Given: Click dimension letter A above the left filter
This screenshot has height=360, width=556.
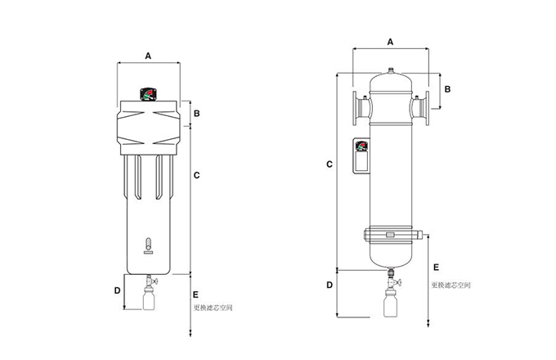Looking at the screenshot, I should click(148, 56).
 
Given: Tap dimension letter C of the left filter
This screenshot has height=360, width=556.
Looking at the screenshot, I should click(197, 174).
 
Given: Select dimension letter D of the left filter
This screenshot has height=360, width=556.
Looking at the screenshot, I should click(117, 290).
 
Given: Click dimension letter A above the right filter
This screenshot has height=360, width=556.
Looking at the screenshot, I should click(390, 41).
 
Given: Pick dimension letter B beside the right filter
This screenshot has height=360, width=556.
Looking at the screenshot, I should click(448, 88).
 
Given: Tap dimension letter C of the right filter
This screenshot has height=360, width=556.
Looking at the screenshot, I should click(329, 164).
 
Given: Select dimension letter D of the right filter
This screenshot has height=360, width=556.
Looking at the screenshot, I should click(329, 285).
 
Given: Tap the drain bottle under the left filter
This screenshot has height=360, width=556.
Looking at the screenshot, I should click(150, 300).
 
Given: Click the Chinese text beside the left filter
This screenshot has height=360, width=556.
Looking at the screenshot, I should click(213, 308).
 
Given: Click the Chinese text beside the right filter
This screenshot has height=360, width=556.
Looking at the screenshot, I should click(451, 286).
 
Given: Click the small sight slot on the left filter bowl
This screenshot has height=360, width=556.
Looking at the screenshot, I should click(148, 243).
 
